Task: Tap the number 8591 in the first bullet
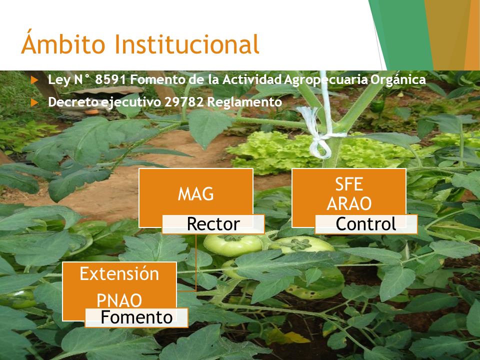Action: coord(110,79)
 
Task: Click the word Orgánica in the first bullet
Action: coord(398,80)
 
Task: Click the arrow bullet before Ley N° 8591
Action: coord(34,80)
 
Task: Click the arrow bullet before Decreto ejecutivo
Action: coord(34,102)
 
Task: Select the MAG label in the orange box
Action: coord(196,194)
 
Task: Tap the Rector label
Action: coord(213,224)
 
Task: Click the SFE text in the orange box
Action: coord(349,184)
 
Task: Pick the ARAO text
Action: coord(349,203)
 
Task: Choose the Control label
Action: coord(366,224)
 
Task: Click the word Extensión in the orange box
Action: coord(119,273)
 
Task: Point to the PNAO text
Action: coord(119,300)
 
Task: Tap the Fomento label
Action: coord(136,317)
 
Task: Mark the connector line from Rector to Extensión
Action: coord(195,262)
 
